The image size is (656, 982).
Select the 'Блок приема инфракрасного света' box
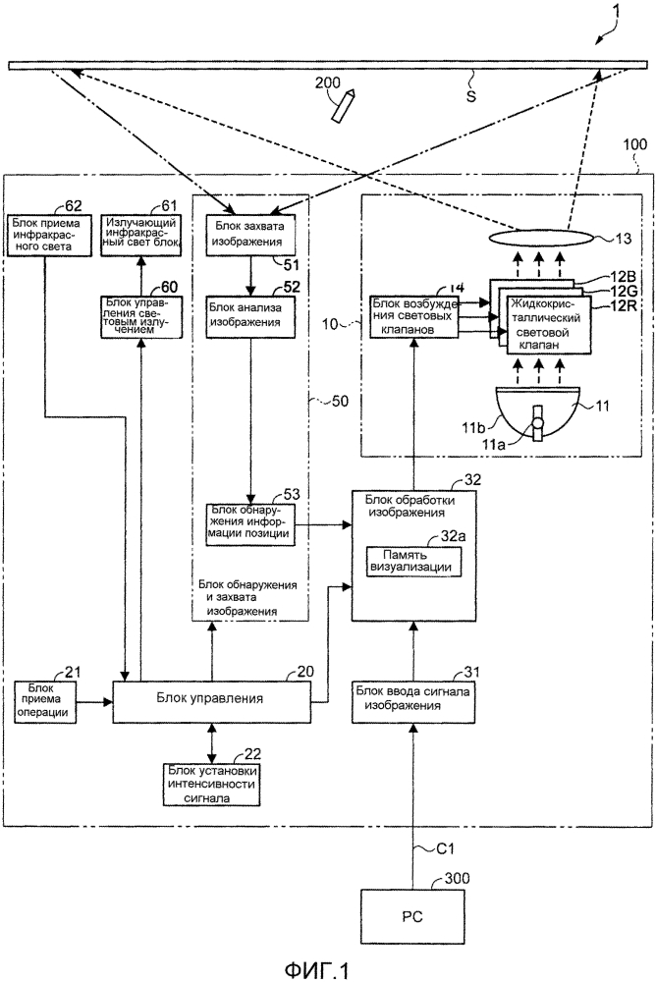(46, 237)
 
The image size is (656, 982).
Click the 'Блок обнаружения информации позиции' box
(247, 521)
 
